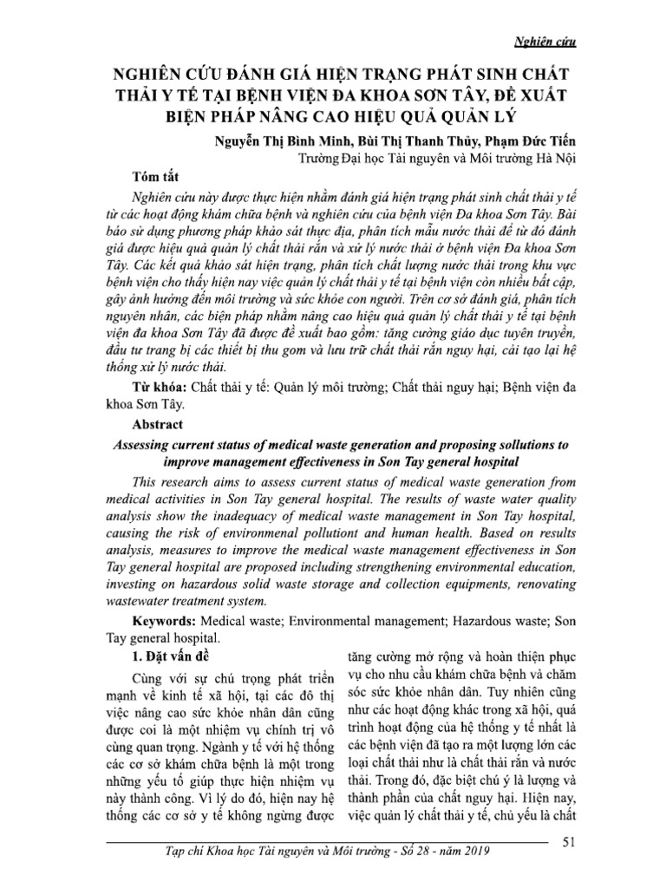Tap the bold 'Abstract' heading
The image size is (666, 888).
tap(160, 425)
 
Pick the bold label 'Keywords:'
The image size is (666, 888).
tap(166, 622)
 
